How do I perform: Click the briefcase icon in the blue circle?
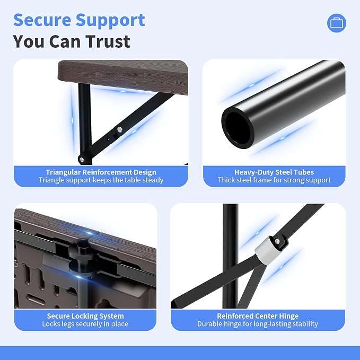tap(337, 23)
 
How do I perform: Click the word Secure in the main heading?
tap(42, 20)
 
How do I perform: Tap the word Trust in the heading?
tap(108, 41)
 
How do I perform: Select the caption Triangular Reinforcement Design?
tap(101, 172)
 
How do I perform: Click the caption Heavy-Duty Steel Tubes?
tap(274, 172)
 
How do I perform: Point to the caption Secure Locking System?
tap(85, 316)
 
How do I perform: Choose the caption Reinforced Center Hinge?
tap(258, 316)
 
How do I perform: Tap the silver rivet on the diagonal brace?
tap(120, 130)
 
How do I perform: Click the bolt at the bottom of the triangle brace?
tap(81, 159)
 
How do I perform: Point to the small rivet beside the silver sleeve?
tap(277, 242)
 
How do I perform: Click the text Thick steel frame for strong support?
tap(274, 180)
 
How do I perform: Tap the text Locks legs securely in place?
tap(85, 324)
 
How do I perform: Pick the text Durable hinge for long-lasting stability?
tap(258, 324)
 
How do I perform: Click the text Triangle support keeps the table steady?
tap(101, 180)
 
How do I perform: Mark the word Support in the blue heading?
tap(110, 20)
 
